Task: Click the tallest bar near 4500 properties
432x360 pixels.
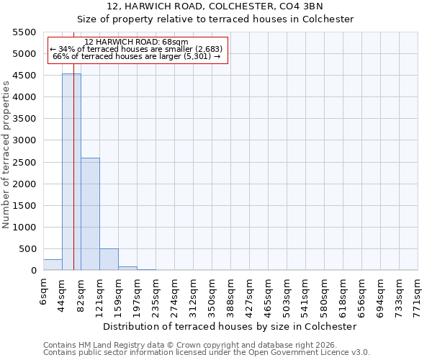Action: (71, 173)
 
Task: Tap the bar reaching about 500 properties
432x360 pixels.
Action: (109, 260)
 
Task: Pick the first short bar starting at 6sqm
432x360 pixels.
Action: (53, 265)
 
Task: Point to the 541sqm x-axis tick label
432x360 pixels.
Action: (306, 294)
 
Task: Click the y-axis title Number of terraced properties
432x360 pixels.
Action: (6, 155)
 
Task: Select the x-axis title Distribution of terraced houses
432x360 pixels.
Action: (230, 326)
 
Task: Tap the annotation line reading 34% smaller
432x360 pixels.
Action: (137, 49)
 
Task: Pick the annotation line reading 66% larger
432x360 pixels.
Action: (137, 56)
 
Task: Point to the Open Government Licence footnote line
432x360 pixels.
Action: (207, 353)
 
